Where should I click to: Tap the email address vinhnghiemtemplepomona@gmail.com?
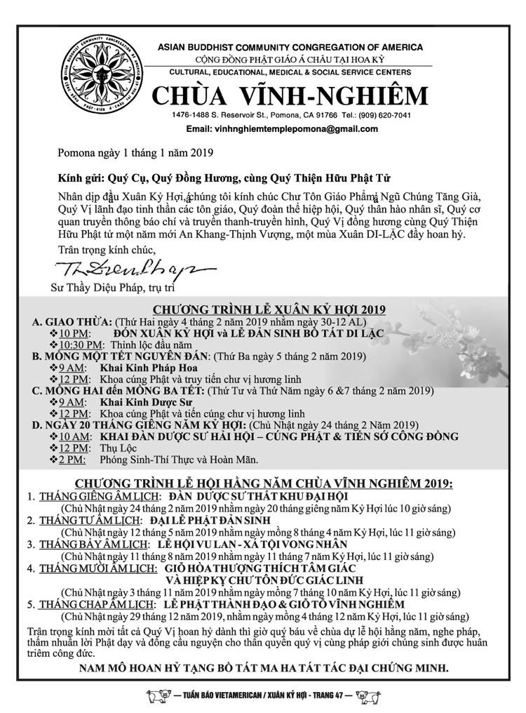pyautogui.click(x=282, y=130)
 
